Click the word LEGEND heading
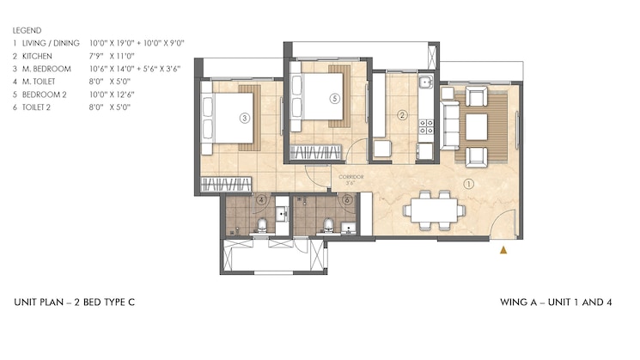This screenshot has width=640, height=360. tap(27, 29)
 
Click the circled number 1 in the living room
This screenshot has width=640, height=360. tap(468, 182)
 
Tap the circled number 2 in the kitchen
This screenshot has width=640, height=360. tap(402, 115)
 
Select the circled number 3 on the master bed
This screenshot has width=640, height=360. tap(245, 118)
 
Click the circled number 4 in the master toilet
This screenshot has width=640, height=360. tap(262, 201)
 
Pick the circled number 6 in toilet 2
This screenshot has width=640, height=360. tap(345, 201)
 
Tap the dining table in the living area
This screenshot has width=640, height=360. tap(434, 209)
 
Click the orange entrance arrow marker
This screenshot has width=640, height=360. tap(504, 250)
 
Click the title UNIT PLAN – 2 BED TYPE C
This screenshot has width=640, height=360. tap(74, 302)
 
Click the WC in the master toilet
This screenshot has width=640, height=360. tap(262, 226)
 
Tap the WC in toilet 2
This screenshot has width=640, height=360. tap(327, 226)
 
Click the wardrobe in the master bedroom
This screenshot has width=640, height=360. tap(226, 185)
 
